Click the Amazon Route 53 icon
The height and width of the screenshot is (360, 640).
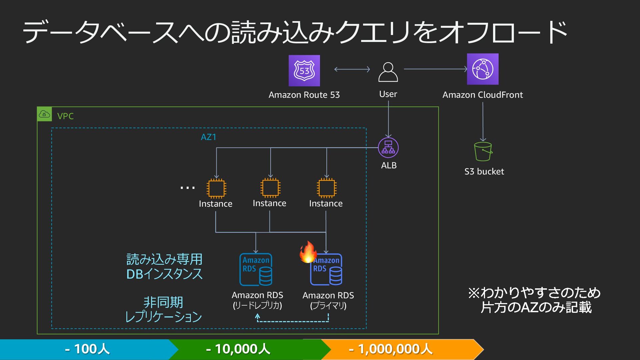pos(304,71)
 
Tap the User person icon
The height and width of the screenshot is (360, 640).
pos(388,72)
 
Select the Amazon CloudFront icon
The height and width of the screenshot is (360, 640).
pos(483,69)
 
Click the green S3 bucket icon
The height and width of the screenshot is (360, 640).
pos(483,152)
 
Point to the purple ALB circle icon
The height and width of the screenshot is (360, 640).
pos(388,148)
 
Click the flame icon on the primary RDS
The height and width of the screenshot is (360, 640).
pos(308,252)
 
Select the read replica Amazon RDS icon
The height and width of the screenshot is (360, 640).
pos(256,269)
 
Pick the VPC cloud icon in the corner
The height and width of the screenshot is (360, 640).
pos(44,114)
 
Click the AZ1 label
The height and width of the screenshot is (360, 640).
pos(209,137)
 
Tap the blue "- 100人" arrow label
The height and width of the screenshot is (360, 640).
pos(87,349)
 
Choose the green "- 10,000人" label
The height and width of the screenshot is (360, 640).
pos(238,349)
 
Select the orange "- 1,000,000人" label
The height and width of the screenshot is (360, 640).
pos(391,349)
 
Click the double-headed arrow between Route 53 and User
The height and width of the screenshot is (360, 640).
pos(352,69)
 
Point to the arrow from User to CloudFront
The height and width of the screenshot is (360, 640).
pos(436,69)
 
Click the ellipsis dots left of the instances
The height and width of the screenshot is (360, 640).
pos(187,188)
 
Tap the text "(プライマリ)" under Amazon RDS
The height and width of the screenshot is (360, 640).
pos(328,306)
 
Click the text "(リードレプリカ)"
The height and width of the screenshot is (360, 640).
pos(257,306)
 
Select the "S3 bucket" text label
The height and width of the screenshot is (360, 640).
pos(484,172)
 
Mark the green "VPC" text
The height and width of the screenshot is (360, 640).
pos(65,116)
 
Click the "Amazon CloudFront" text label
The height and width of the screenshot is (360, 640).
pos(483,95)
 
